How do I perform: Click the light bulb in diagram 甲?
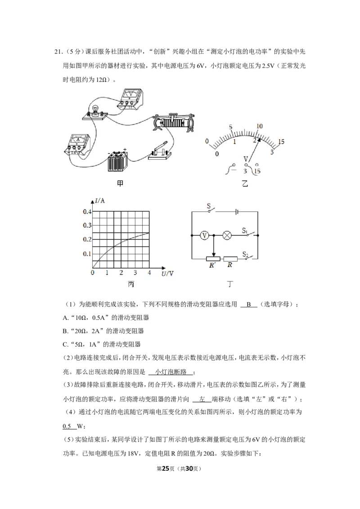(x=95, y=110)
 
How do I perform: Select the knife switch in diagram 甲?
(x=159, y=152)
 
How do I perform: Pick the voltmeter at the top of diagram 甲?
(x=130, y=98)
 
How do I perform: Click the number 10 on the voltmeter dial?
(x=259, y=126)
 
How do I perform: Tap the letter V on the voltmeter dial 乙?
(x=246, y=159)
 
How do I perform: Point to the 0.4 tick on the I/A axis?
(x=87, y=212)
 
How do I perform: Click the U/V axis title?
(x=168, y=273)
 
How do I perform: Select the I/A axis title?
(x=100, y=201)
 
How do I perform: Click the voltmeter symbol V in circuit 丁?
(x=204, y=235)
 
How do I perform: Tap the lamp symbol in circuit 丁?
(x=227, y=235)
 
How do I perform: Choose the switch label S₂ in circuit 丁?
(x=245, y=254)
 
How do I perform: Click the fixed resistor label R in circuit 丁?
(x=229, y=265)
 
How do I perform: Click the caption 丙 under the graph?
(x=131, y=284)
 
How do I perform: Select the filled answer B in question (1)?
(x=249, y=304)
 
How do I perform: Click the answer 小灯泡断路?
(x=171, y=372)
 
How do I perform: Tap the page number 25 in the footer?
(x=166, y=469)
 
